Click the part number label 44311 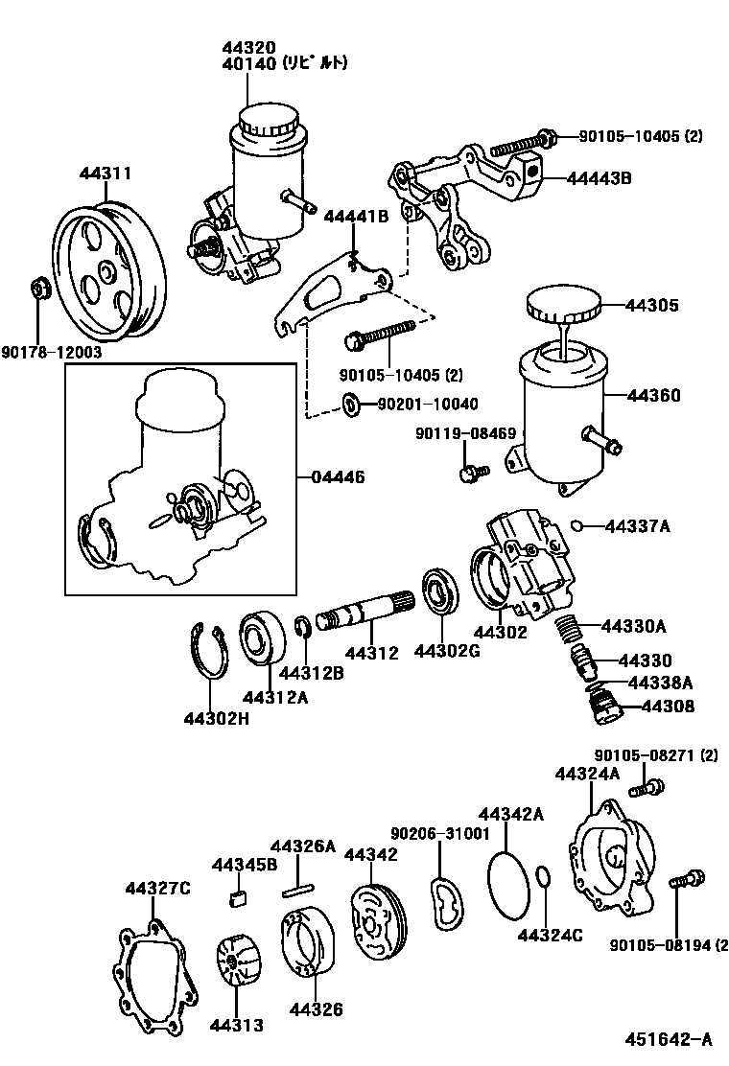[105, 174]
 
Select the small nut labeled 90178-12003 [40, 288]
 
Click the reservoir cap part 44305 [563, 308]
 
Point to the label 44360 [654, 396]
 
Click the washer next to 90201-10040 [352, 404]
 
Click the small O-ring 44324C [543, 878]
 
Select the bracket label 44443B [599, 177]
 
